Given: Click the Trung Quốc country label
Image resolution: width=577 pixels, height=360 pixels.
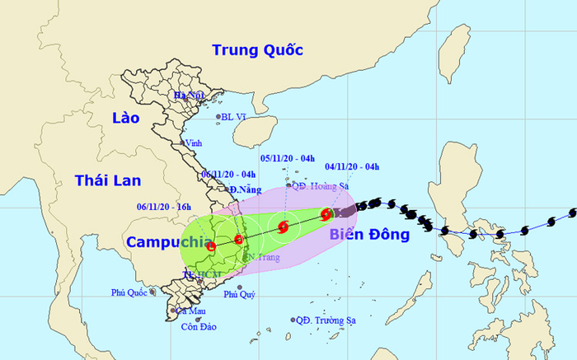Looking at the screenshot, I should click(x=258, y=49).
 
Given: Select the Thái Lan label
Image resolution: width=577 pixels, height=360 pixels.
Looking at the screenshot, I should click(x=107, y=180).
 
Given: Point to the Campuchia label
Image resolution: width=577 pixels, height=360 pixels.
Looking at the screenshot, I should click(x=163, y=241).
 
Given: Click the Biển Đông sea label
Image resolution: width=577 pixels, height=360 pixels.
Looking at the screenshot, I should click(x=369, y=236).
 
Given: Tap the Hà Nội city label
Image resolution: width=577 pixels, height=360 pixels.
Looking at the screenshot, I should click(x=188, y=96).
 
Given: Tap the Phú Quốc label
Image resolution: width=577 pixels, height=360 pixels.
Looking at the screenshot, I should click(x=132, y=293).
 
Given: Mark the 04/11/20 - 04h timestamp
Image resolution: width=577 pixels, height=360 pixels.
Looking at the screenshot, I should click(x=351, y=166).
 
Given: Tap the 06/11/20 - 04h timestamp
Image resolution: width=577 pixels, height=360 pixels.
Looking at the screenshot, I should click(x=229, y=174).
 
